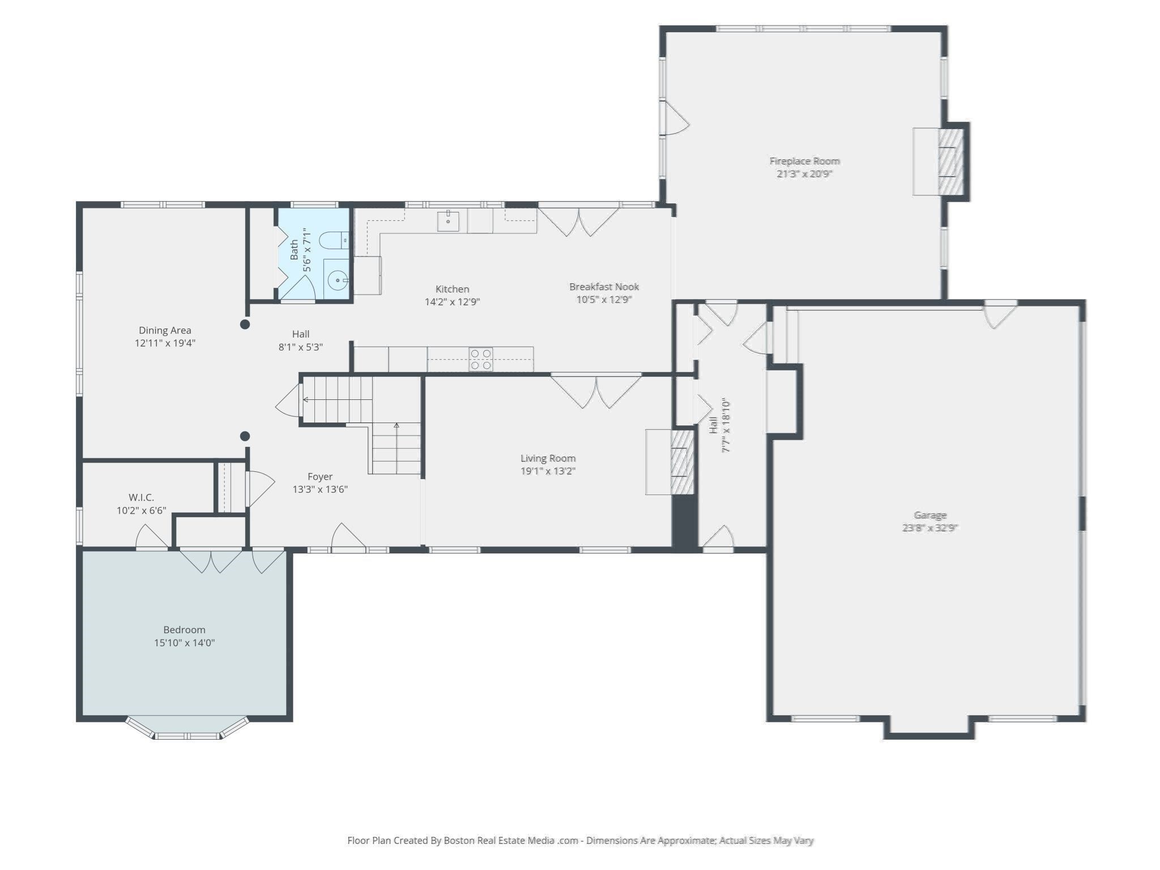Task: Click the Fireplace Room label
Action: click(804, 161)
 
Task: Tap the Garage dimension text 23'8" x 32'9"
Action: click(930, 528)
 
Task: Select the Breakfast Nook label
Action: click(604, 287)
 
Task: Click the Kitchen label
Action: click(452, 289)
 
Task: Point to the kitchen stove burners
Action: click(481, 360)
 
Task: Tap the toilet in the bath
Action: click(334, 241)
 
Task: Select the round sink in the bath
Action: click(338, 280)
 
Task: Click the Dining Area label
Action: click(165, 330)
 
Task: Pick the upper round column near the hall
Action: click(245, 325)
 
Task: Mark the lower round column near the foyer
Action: click(245, 436)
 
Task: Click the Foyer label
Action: click(320, 477)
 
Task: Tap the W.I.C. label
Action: click(141, 497)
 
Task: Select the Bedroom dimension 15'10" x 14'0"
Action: click(185, 643)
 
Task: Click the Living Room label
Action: click(548, 458)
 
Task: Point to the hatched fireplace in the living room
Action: click(683, 463)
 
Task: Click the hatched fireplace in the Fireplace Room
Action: click(951, 161)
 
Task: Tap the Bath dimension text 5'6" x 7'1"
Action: click(308, 250)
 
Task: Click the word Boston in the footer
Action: click(459, 841)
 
